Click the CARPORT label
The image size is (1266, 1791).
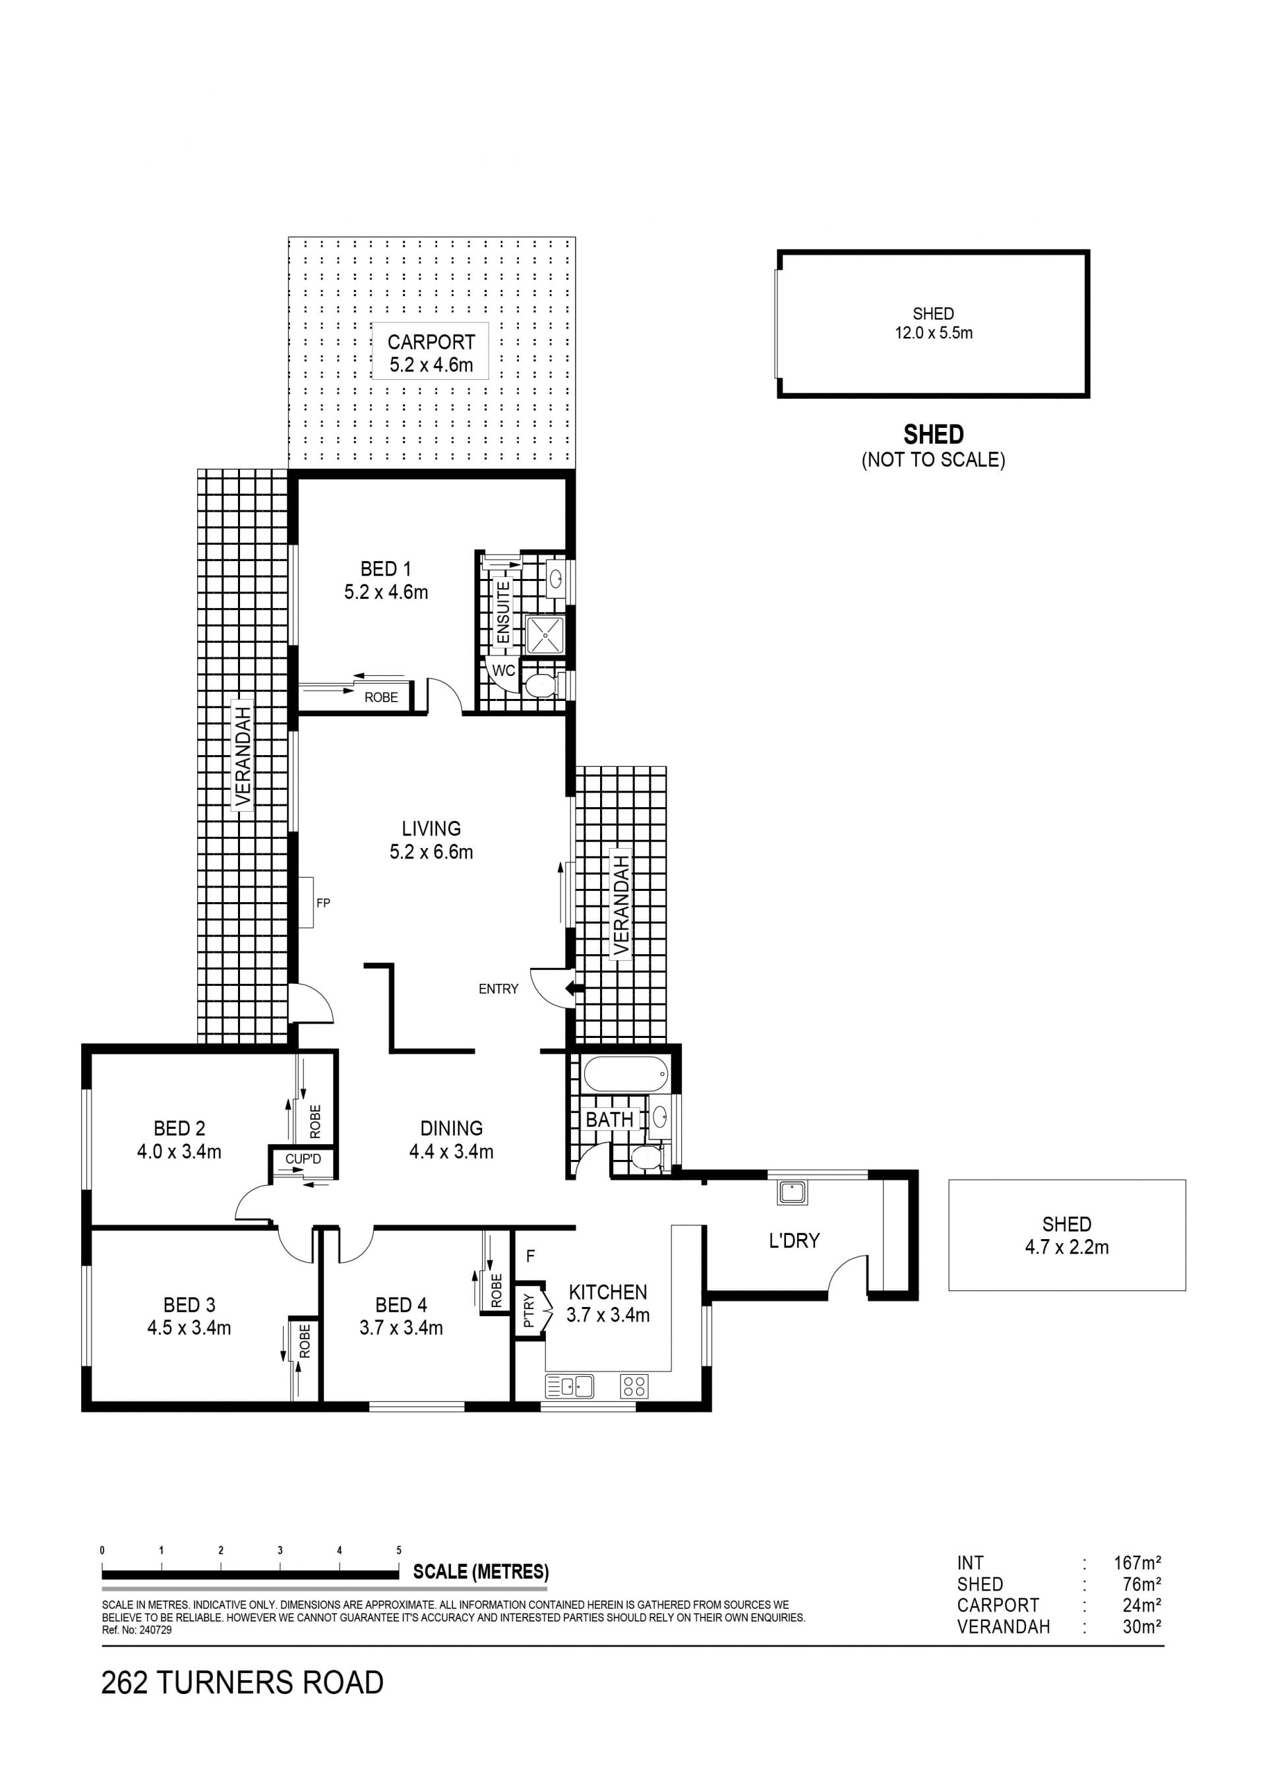431,342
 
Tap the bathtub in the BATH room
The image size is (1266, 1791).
626,1075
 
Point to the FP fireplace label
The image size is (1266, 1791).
323,903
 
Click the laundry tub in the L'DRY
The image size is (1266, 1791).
793,1193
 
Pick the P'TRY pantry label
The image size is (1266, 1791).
529,1310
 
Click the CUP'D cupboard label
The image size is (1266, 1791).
303,1159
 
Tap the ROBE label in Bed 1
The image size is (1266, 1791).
380,698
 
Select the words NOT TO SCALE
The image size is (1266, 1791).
934,460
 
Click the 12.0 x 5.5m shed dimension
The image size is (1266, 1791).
934,333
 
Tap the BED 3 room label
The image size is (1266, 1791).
189,1305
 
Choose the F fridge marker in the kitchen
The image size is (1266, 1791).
530,1256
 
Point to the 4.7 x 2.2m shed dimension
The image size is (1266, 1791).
1066,1248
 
